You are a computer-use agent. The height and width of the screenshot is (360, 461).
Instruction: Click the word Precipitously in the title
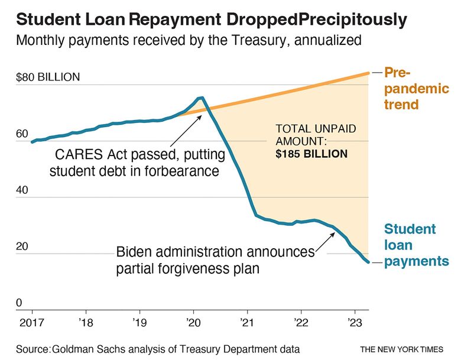(x=353, y=20)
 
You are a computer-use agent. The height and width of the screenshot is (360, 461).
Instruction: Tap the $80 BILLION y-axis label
(x=48, y=78)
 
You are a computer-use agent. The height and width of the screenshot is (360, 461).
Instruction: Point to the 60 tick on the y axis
(x=22, y=134)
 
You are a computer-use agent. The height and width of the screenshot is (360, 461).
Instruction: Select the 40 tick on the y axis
(x=22, y=191)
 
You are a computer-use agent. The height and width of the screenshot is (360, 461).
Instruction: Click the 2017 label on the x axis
(x=31, y=322)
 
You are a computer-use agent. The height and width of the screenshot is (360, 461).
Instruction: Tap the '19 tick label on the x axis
(x=139, y=322)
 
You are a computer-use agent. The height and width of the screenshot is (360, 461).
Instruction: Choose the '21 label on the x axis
(x=247, y=322)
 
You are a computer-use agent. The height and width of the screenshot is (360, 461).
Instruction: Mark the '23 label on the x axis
(x=355, y=322)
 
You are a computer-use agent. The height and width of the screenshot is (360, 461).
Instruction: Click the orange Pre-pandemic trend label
(x=416, y=89)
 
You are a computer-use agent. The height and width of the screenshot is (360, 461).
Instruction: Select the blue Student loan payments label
(x=416, y=245)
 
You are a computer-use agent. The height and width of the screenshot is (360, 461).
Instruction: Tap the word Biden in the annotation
(x=135, y=252)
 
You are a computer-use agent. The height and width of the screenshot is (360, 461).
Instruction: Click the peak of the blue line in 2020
(x=202, y=98)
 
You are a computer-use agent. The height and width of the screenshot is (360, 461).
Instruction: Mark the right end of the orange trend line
(x=369, y=73)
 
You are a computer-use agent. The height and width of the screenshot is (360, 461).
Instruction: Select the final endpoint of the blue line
(x=369, y=262)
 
